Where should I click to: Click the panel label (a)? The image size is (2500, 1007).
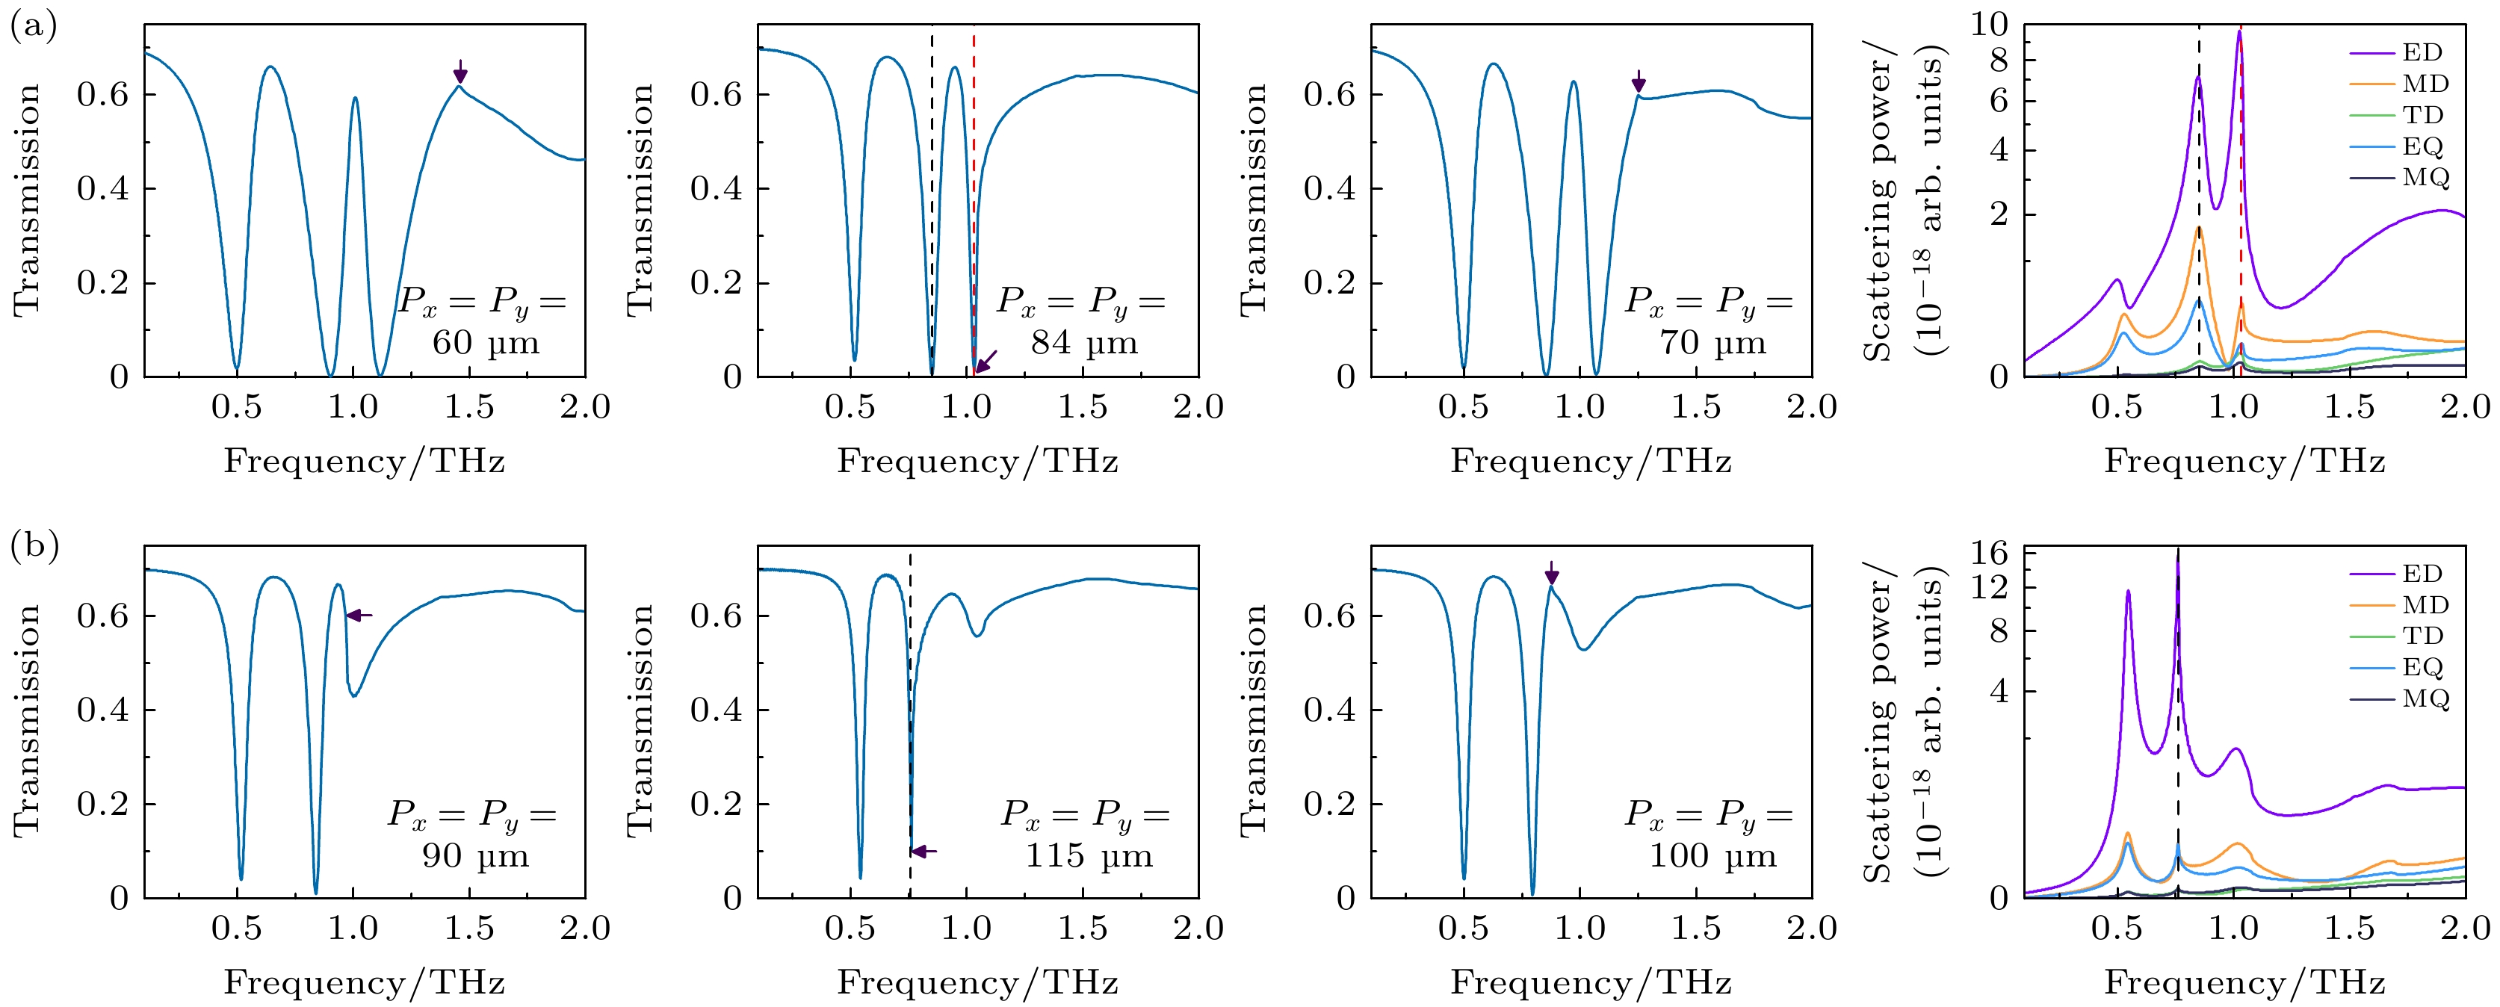[x=33, y=26]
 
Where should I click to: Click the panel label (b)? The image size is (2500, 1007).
[x=34, y=546]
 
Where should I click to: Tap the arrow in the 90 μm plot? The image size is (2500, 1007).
[x=359, y=615]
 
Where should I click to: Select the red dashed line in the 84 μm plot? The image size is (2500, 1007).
[x=974, y=194]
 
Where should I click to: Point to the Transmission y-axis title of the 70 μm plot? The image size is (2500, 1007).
[x=1253, y=199]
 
